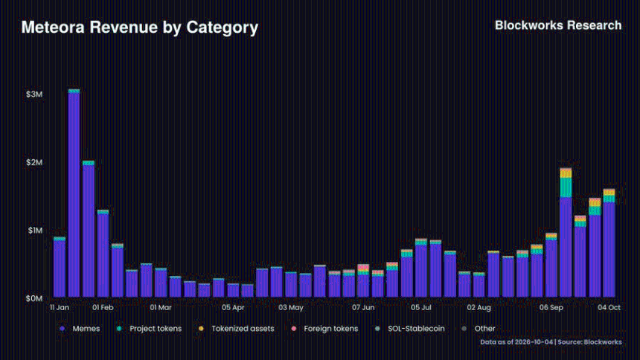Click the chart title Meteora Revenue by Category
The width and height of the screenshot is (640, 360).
[140, 28]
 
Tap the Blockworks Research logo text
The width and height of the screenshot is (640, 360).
[558, 25]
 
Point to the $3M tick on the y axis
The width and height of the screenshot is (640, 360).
[34, 94]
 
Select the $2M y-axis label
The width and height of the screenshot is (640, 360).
[34, 162]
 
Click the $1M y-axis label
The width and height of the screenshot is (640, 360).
[35, 231]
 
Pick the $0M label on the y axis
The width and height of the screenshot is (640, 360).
[34, 299]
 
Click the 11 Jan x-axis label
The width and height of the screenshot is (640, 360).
[60, 307]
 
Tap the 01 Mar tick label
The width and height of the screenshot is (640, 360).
[161, 307]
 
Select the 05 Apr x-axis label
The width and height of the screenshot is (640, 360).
[233, 307]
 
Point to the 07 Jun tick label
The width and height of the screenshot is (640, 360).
[363, 307]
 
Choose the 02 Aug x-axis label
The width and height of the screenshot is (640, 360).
[479, 307]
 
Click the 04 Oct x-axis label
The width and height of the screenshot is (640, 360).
[609, 307]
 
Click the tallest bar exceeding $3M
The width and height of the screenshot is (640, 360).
[74, 193]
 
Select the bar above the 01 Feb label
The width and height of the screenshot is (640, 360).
[103, 254]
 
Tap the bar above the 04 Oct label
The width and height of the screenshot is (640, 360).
[609, 243]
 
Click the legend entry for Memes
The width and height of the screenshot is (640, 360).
[80, 329]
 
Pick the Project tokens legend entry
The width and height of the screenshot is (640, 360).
[149, 329]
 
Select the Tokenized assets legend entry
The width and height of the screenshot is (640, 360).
[237, 329]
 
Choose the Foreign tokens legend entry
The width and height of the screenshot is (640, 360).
[324, 329]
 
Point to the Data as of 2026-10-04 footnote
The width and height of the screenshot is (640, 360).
[516, 342]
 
